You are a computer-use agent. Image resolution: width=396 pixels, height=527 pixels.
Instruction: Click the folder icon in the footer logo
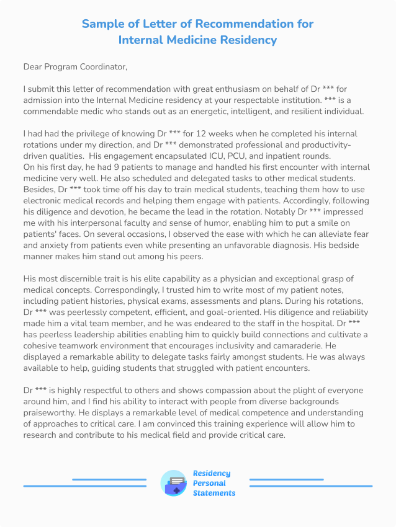173,484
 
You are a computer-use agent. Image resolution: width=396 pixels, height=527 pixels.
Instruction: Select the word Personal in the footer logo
209,483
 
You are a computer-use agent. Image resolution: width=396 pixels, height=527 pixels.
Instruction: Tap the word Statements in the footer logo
214,493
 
